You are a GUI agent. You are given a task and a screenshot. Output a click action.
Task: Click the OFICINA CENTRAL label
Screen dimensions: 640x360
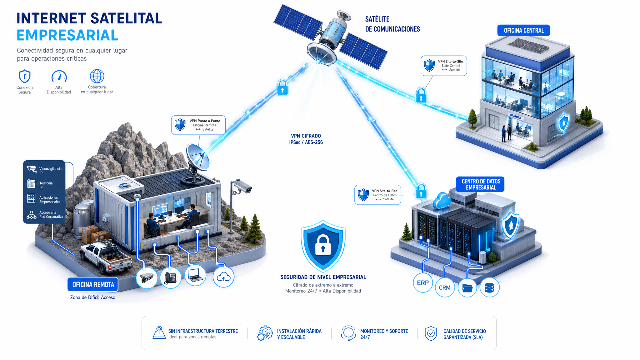tap(523, 30)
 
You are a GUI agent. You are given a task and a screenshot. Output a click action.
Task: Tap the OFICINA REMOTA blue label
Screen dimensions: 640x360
tap(93, 284)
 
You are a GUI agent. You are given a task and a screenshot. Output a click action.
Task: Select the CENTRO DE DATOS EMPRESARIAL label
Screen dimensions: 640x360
tap(481, 184)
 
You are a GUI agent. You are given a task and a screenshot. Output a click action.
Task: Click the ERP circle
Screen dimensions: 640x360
tap(423, 283)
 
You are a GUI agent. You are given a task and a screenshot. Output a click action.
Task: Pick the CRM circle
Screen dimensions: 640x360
tap(445, 287)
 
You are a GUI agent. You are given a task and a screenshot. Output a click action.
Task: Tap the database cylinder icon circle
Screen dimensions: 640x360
tap(489, 287)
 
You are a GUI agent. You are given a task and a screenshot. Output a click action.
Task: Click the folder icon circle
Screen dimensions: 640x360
tap(467, 287)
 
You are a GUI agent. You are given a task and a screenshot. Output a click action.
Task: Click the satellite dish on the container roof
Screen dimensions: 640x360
tap(197, 162)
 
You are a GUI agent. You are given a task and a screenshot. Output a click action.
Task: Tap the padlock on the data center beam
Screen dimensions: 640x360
tap(421, 191)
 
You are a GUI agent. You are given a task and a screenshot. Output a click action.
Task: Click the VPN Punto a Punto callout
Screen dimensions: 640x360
tap(198, 125)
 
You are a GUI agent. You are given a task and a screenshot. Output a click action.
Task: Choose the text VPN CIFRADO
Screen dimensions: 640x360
tap(306, 136)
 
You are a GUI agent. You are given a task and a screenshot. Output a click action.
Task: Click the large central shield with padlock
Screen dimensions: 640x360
tap(323, 246)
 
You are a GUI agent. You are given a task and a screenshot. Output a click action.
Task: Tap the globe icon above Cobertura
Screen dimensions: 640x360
tap(97, 76)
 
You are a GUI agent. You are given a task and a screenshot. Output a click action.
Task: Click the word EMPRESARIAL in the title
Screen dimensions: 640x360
tap(67, 35)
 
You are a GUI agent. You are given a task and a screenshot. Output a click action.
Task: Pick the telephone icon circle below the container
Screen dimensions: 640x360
tap(171, 277)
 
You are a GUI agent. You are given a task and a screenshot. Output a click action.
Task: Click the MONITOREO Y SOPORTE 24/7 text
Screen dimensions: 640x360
tap(384, 334)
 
